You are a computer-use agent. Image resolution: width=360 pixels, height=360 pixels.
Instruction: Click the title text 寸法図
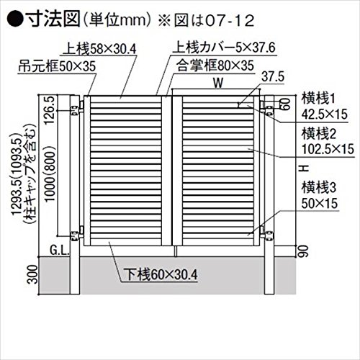53,19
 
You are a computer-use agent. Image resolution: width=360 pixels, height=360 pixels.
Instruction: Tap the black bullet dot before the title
15,19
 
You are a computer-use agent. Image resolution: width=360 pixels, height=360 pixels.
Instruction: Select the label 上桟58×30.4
99,49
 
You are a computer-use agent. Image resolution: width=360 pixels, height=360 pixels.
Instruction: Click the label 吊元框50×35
57,66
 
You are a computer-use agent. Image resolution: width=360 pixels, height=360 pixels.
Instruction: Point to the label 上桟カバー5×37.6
224,48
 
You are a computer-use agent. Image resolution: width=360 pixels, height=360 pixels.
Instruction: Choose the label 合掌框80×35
215,66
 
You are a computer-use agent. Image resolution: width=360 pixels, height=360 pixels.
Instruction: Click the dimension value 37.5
273,77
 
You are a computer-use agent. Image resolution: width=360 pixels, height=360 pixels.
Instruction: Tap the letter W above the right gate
218,83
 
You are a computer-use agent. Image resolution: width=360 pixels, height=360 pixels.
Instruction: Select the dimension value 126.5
50,109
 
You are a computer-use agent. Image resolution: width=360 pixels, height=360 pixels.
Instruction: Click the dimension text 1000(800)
50,174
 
